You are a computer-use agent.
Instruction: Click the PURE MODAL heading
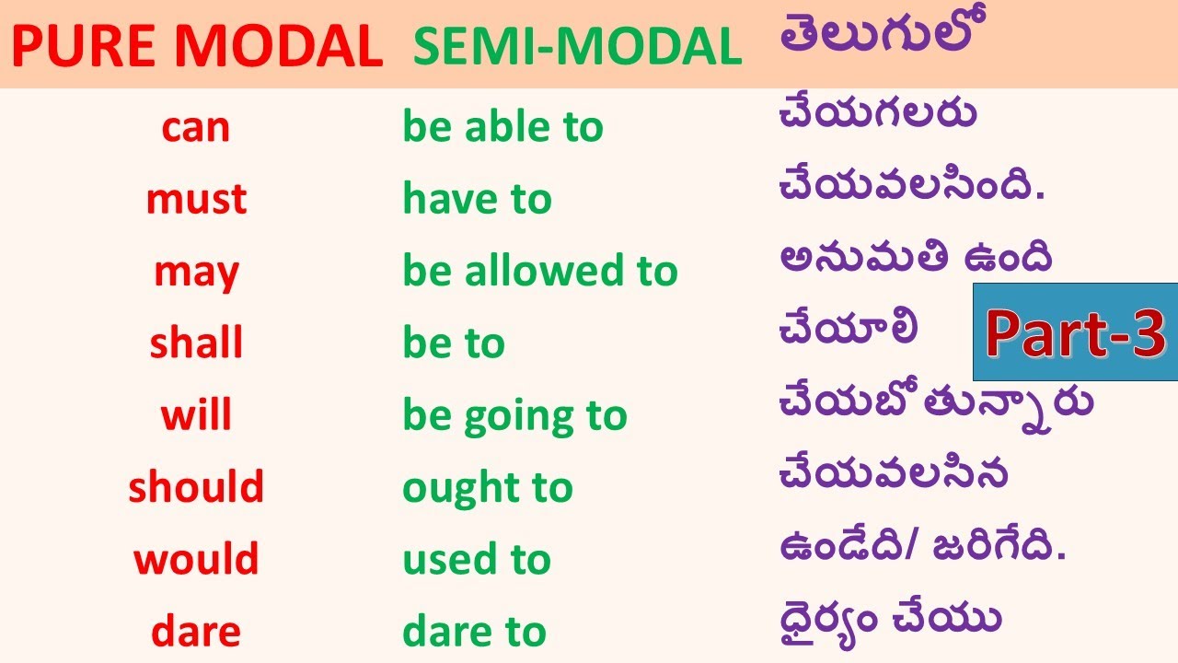tap(197, 46)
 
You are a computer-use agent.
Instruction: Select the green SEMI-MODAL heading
tap(577, 47)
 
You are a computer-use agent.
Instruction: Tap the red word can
tap(195, 127)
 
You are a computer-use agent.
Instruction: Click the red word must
tap(196, 199)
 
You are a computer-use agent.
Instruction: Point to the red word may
tap(196, 272)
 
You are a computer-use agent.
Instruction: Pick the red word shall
tap(196, 343)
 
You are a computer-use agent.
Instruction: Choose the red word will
tap(196, 415)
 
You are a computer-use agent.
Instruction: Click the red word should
tap(196, 487)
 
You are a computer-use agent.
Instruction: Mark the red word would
tap(196, 559)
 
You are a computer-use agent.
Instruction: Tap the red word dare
tap(196, 632)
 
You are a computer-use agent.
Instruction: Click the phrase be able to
tap(502, 127)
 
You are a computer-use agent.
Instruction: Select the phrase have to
tap(477, 199)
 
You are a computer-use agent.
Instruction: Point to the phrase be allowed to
tap(540, 272)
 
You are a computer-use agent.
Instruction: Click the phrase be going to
tap(514, 416)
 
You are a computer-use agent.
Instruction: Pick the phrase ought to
tap(488, 488)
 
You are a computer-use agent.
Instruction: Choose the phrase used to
tap(477, 559)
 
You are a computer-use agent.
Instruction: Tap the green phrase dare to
tap(475, 632)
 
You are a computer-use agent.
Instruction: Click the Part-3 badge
tap(1075, 332)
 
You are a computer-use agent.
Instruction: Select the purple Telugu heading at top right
tap(876, 37)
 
